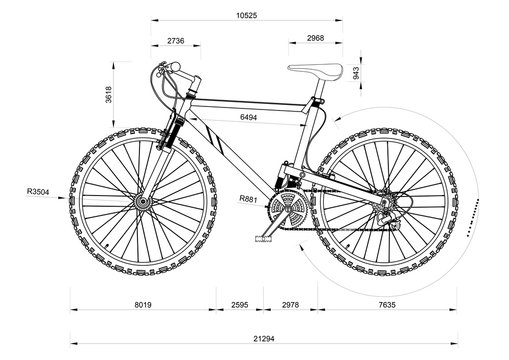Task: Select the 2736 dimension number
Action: (x=175, y=40)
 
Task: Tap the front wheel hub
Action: (x=141, y=203)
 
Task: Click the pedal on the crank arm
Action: (x=265, y=238)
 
